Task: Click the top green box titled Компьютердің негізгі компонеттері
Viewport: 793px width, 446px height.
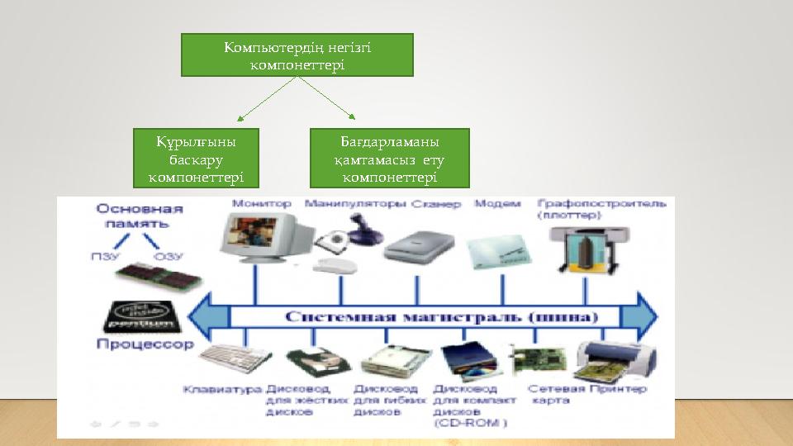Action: (x=297, y=55)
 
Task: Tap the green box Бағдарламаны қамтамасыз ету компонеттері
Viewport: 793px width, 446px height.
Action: (x=389, y=158)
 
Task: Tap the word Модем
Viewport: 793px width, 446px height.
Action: (x=498, y=203)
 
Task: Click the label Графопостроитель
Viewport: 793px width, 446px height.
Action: (x=601, y=202)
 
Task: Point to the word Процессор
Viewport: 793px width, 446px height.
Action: (x=145, y=344)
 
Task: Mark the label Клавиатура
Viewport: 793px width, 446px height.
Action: (x=222, y=389)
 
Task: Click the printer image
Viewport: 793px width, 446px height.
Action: (x=615, y=358)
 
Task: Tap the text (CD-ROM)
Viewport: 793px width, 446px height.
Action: (x=470, y=423)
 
